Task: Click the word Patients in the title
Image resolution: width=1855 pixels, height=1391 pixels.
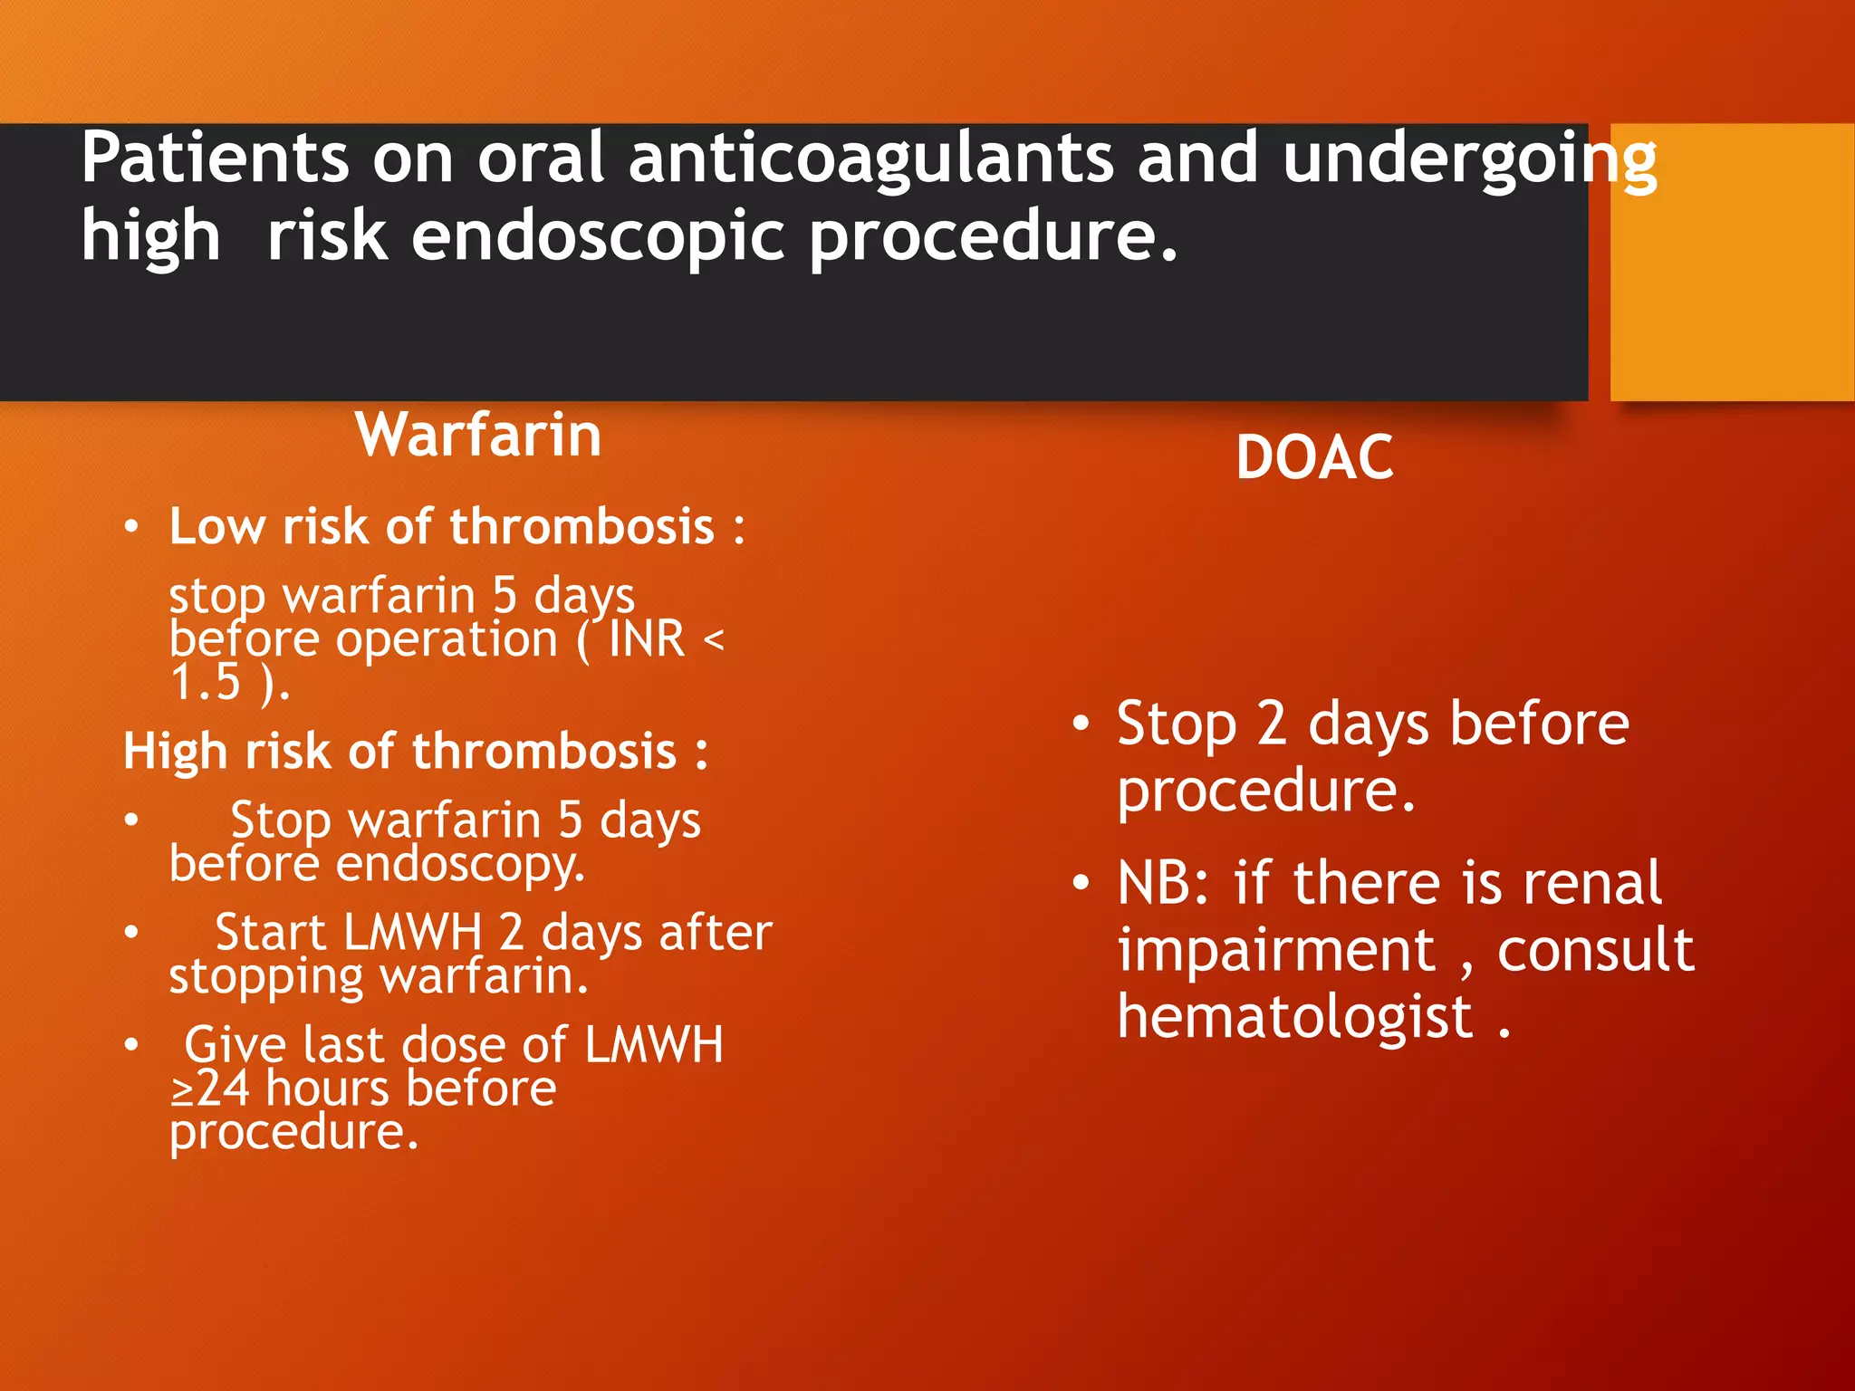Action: pyautogui.click(x=215, y=158)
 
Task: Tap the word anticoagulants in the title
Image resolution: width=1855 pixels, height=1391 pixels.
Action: pyautogui.click(x=870, y=158)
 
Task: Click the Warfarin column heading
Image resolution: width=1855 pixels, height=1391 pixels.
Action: pyautogui.click(x=478, y=436)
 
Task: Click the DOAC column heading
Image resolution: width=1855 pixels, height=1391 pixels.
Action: pyautogui.click(x=1314, y=457)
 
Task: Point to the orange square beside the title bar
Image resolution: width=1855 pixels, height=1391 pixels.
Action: pyautogui.click(x=1732, y=262)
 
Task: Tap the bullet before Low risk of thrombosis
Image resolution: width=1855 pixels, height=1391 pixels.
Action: pyautogui.click(x=132, y=527)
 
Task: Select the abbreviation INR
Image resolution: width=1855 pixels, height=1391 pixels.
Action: pyautogui.click(x=647, y=639)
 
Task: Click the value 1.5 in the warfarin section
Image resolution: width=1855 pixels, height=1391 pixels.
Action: pyautogui.click(x=206, y=683)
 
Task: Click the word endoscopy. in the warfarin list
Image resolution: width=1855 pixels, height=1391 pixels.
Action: pyautogui.click(x=460, y=864)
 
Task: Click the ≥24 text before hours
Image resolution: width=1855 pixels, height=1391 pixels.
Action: pyautogui.click(x=210, y=1089)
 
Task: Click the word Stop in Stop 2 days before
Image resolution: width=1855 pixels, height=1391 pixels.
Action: pyautogui.click(x=1176, y=724)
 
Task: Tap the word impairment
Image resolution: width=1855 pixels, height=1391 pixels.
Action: pyautogui.click(x=1276, y=951)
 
